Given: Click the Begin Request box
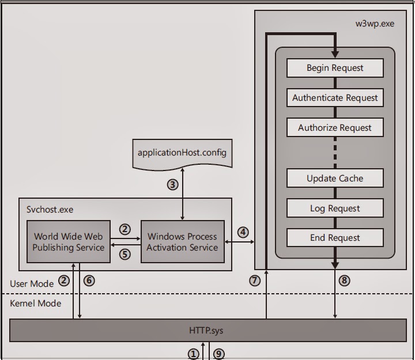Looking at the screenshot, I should [x=335, y=68].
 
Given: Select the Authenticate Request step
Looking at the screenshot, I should [x=335, y=98].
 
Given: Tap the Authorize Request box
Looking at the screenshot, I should [x=335, y=128].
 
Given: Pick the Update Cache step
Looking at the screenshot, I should [x=335, y=179].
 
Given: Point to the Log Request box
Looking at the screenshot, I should [x=335, y=209].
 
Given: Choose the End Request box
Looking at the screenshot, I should [x=335, y=237].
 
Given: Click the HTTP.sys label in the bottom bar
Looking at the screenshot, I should [x=206, y=331].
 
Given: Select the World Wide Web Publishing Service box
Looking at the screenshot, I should [x=69, y=242].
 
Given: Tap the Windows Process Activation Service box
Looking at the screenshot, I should [x=182, y=242].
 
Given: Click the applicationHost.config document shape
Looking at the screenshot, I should [x=182, y=153].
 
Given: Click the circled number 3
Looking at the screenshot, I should [x=172, y=185].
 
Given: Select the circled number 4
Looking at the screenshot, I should [x=243, y=232].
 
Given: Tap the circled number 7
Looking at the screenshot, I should [x=254, y=281].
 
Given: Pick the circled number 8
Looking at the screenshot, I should [x=345, y=281].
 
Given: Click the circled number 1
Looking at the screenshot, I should [x=193, y=354].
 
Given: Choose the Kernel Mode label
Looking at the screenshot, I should [x=35, y=303].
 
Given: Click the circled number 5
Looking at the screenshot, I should [x=125, y=253].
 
